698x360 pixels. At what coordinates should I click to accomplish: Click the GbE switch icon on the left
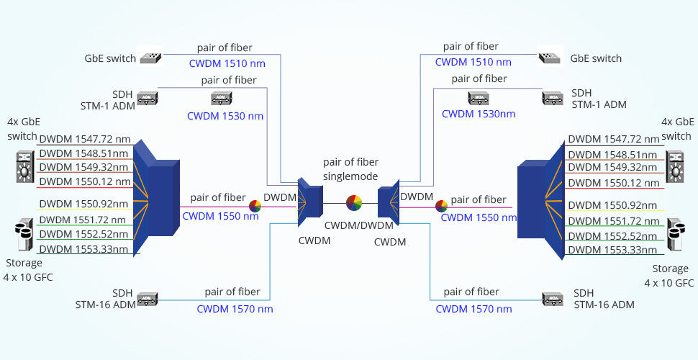coord(151,58)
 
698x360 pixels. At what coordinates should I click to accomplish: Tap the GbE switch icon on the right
coord(548,58)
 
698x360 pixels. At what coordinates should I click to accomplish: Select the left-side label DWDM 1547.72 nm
coord(85,139)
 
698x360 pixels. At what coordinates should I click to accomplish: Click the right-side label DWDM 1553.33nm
coord(612,250)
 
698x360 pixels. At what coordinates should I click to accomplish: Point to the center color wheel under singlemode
coord(353,204)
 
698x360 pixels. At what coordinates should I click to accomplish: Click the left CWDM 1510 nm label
coord(227,63)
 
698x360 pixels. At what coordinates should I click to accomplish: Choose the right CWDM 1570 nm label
coord(473,309)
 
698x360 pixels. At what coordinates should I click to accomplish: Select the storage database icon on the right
coord(675,235)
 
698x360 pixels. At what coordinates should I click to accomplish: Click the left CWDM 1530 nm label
coord(225,115)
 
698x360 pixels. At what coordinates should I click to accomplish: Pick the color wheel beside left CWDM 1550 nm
coord(255,206)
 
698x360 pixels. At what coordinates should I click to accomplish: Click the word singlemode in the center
coord(350,176)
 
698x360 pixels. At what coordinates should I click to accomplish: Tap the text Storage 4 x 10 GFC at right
coord(670,276)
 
